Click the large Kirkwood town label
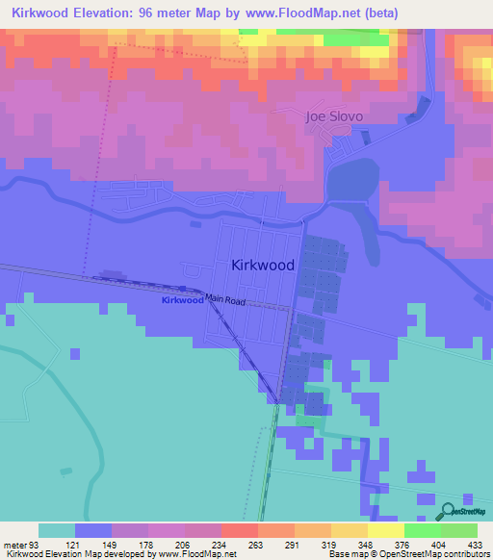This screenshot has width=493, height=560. tap(263, 264)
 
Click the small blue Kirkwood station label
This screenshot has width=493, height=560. tap(182, 300)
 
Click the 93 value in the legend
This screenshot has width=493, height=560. tap(35, 545)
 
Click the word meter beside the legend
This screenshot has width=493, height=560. tap(13, 545)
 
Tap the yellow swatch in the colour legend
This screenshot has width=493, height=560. tap(385, 530)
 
